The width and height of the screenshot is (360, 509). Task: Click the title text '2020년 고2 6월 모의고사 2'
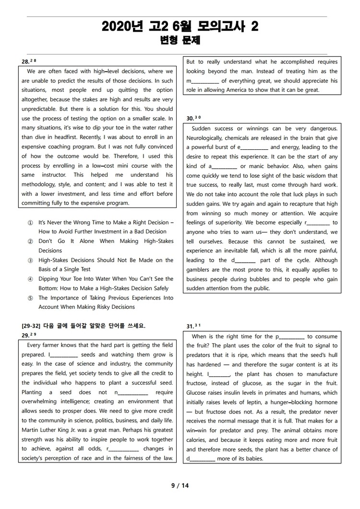[x=180, y=27]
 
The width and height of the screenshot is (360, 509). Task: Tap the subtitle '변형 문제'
[x=180, y=41]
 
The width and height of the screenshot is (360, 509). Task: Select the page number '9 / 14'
[x=180, y=485]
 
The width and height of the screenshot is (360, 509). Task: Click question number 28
[x=26, y=61]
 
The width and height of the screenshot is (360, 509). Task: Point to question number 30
[x=191, y=118]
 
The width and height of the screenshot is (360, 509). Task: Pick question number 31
[x=191, y=326]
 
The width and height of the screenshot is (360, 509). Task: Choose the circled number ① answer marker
[x=30, y=223]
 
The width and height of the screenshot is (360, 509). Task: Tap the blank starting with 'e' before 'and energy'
[x=252, y=147]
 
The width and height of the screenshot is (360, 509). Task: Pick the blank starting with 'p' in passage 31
[x=290, y=337]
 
